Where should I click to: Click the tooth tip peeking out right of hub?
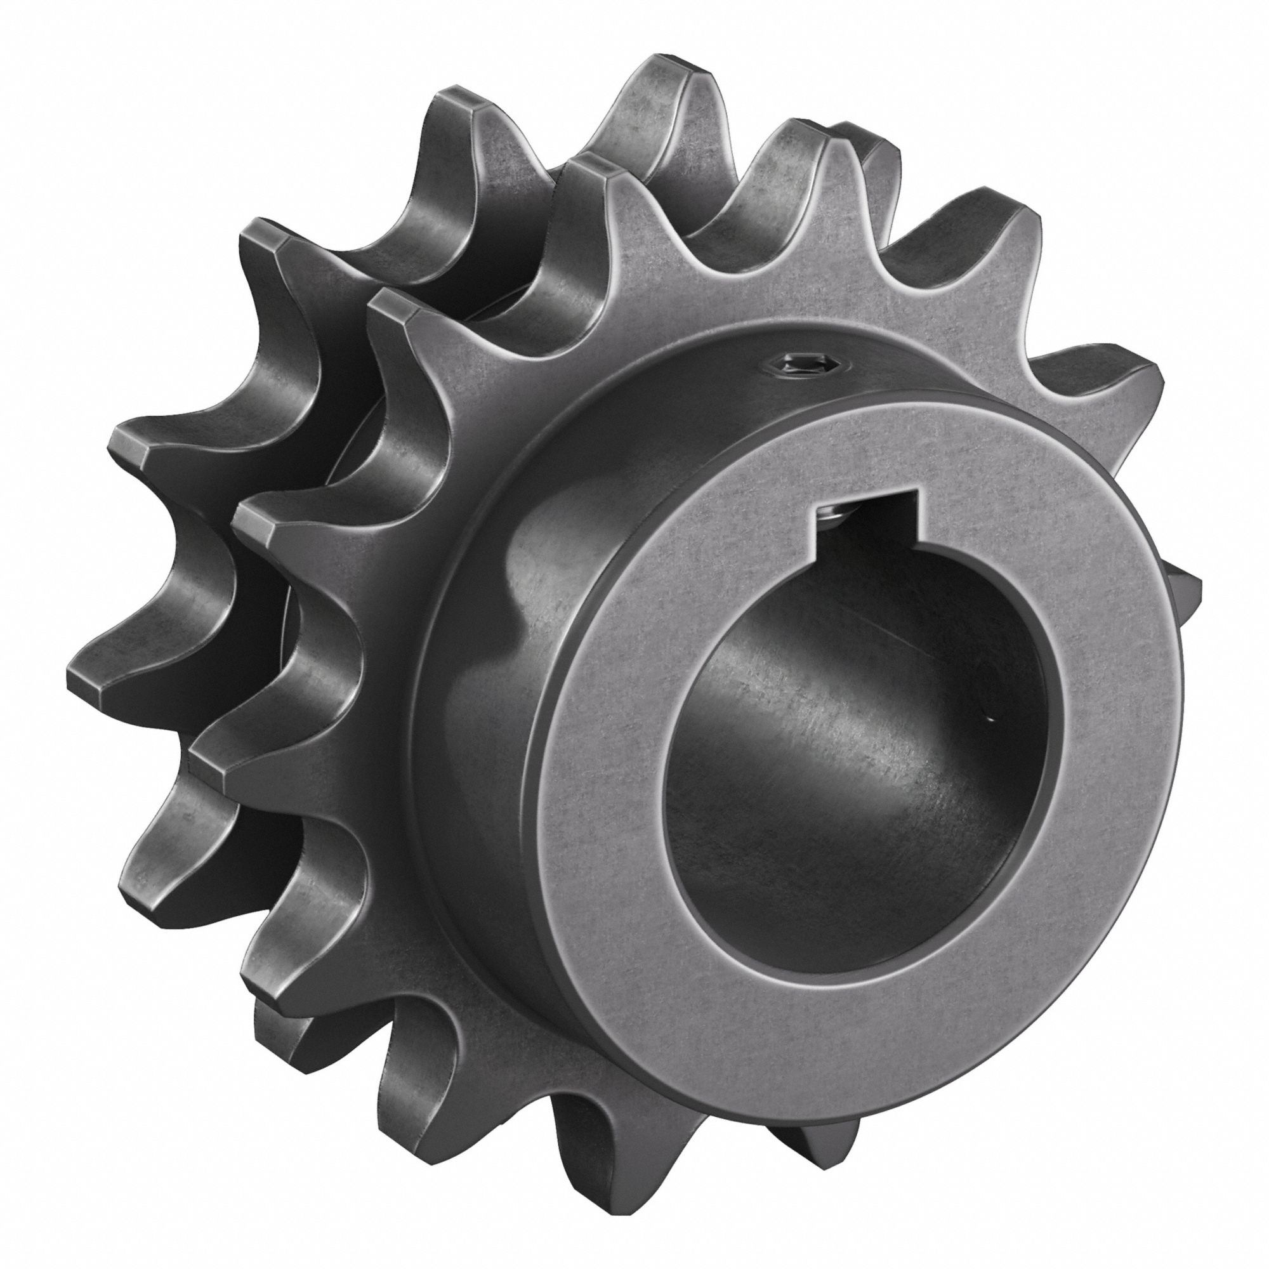click(1192, 584)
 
